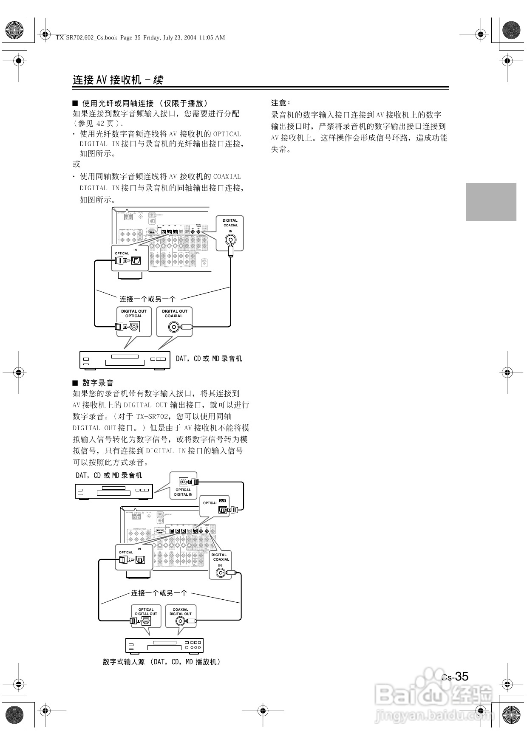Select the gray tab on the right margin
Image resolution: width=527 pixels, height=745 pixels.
pos(491,202)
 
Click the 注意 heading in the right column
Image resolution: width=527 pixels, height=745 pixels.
pos(280,103)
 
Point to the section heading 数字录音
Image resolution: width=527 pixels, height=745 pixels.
pos(98,383)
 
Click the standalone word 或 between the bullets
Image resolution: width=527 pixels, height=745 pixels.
pos(76,164)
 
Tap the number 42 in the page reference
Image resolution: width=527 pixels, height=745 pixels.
pos(100,123)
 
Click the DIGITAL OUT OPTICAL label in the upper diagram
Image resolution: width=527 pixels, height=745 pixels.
pos(134,313)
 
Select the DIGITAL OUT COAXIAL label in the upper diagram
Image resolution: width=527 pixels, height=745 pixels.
pos(174,313)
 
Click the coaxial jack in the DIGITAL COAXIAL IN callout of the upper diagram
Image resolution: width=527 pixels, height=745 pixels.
pos(230,240)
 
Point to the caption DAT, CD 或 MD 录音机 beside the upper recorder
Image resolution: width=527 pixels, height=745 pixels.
pos(209,358)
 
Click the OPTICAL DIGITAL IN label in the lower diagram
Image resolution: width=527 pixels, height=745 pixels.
pos(183,492)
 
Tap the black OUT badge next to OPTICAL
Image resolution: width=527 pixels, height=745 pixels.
pos(222,501)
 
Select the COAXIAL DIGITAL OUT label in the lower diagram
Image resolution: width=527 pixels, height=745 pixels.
pos(181,612)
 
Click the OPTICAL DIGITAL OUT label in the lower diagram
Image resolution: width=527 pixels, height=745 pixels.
pos(146,612)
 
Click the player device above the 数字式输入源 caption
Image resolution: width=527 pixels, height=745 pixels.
pos(164,645)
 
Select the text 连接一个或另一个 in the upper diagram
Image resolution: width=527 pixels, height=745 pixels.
pos(147,299)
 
